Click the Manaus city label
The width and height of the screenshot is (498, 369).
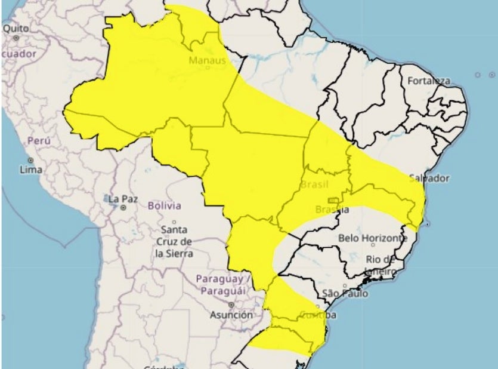207,61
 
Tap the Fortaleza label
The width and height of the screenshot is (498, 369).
429,81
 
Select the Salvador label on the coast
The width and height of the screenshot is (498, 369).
429,178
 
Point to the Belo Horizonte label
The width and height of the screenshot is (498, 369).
373,238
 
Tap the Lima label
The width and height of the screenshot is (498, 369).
31,170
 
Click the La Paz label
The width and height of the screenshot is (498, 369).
123,198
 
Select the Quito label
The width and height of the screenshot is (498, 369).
16,28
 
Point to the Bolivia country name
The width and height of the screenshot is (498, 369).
164,205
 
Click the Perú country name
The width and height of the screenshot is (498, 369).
39,142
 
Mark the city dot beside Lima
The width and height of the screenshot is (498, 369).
30,161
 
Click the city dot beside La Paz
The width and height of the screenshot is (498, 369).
123,208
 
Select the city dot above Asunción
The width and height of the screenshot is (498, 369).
231,305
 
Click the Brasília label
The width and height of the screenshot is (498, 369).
332,210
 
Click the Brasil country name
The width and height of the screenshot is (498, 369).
314,185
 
